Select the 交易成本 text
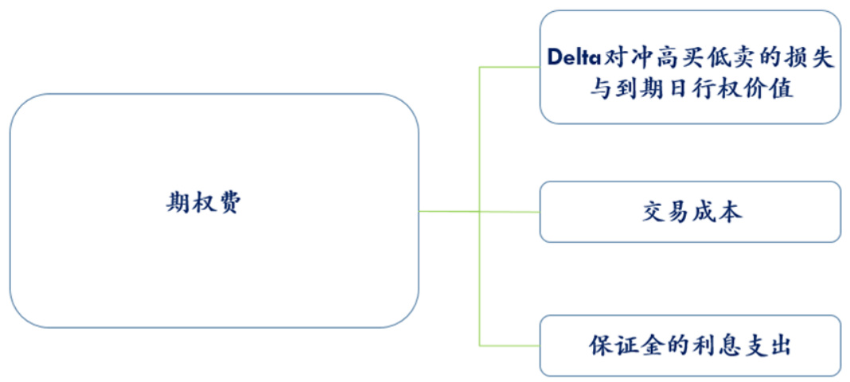click(x=691, y=212)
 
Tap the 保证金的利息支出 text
click(x=691, y=346)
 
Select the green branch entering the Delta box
click(x=509, y=67)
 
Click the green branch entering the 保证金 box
click(x=509, y=345)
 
